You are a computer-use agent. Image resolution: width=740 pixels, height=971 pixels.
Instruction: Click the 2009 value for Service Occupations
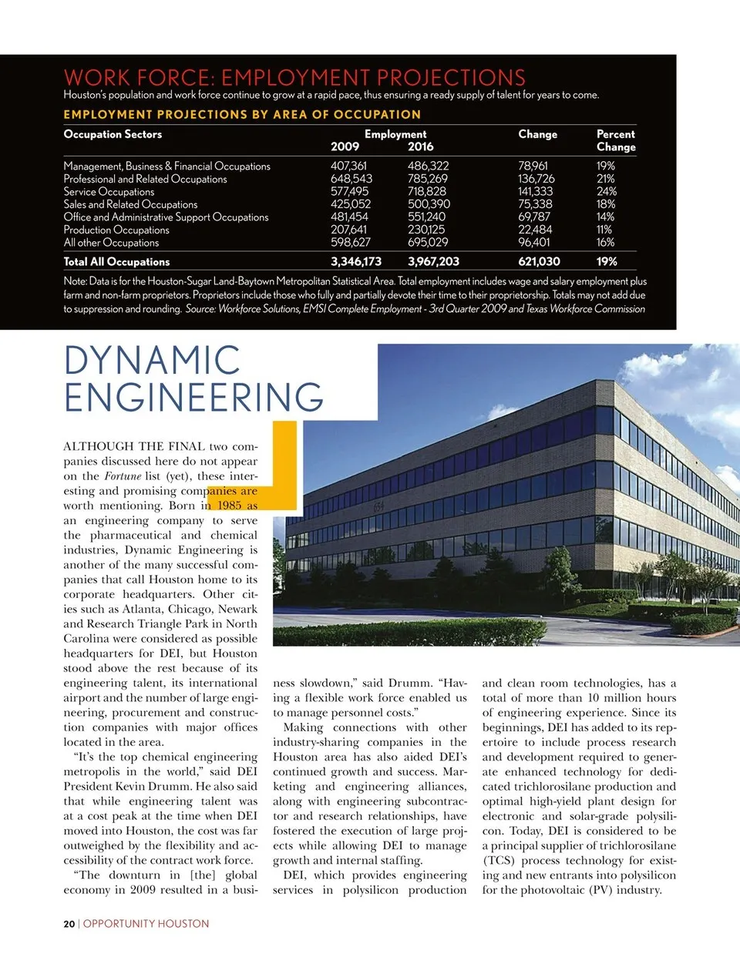click(x=349, y=191)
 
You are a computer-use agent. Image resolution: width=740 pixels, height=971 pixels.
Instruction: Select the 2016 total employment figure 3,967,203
click(x=433, y=261)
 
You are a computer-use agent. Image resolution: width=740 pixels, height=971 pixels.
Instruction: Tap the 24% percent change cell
click(x=606, y=191)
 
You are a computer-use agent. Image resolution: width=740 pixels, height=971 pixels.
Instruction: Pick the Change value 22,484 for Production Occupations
click(x=535, y=230)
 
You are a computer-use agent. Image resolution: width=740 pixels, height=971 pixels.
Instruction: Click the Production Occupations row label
click(x=116, y=230)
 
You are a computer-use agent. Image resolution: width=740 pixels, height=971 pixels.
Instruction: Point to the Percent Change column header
click(x=616, y=140)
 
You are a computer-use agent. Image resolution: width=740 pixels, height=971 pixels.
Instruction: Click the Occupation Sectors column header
click(x=113, y=134)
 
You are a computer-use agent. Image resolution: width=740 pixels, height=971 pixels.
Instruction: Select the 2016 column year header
click(x=420, y=146)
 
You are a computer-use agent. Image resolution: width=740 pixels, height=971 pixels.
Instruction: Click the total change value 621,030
click(x=539, y=261)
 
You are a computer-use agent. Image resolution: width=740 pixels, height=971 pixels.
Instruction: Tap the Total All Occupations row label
click(x=116, y=261)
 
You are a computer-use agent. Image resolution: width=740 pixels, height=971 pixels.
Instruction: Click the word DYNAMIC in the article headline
click(x=152, y=361)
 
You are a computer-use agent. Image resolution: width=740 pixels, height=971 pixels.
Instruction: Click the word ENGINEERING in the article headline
click(x=193, y=398)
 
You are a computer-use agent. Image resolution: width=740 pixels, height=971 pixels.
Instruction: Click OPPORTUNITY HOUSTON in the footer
click(x=146, y=923)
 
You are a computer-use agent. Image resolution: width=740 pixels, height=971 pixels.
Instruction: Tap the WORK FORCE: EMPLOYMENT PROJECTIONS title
click(x=294, y=78)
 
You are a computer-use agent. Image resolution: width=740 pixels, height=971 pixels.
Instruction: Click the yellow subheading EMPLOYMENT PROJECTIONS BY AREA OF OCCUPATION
click(x=242, y=114)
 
